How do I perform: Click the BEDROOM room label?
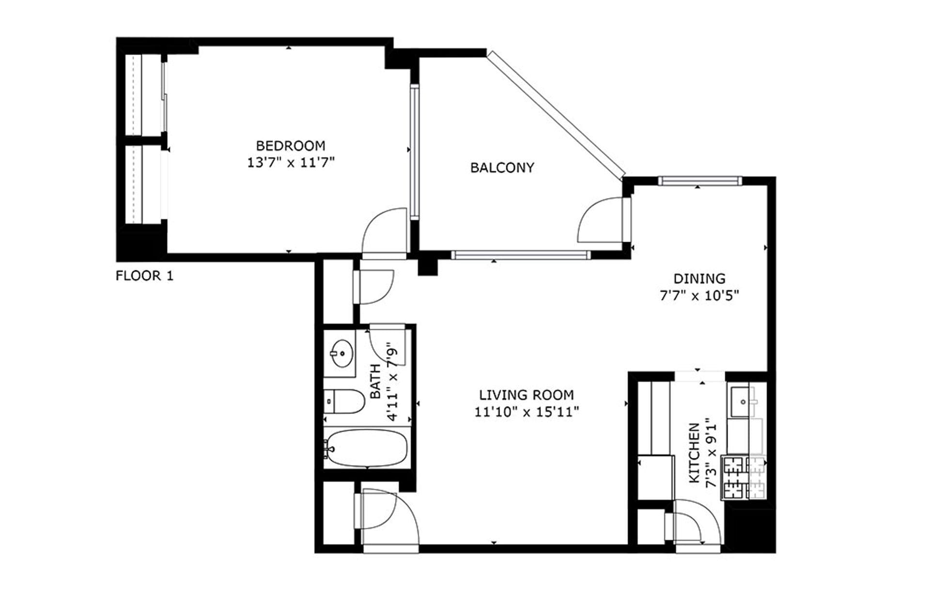coord(291,145)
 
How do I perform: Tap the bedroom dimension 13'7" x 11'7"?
coord(291,162)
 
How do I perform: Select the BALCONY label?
coord(502,168)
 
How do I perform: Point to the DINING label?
coord(699,279)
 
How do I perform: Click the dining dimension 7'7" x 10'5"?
coord(699,296)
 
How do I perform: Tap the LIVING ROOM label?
coord(527,395)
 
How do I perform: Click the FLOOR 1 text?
coord(144,276)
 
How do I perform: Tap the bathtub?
coord(367,448)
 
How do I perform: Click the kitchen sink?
coord(741,402)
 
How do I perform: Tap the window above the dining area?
coord(699,181)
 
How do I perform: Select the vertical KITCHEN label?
coord(695,453)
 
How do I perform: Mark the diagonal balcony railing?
coord(557,114)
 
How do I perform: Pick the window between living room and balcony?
coord(521,255)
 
